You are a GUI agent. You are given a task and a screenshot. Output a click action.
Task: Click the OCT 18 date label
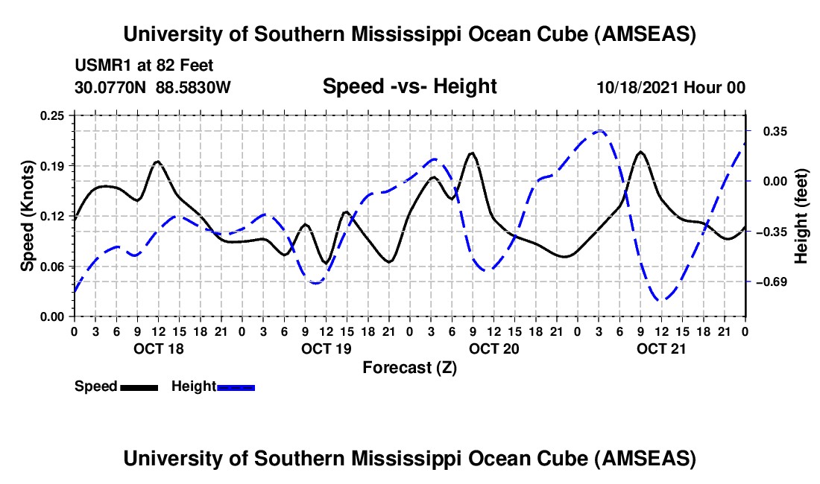point(157,348)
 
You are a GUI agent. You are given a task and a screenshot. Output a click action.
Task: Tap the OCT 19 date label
point(326,348)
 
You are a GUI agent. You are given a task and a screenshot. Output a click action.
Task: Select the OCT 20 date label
point(493,348)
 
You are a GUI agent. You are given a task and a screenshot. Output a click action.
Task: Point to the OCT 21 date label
point(661,348)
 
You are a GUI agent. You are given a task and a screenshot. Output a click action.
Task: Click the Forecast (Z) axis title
point(409,367)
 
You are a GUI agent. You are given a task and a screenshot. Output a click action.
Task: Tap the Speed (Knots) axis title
point(27,216)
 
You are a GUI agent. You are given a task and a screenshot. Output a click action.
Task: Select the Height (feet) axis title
point(801,216)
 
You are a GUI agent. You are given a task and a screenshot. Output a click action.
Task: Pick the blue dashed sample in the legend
point(236,387)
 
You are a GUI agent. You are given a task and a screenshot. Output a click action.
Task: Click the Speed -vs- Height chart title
point(409,87)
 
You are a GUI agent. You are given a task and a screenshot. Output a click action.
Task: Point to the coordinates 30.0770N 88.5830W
point(153,88)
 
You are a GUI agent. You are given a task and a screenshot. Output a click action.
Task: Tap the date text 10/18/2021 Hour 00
point(671,88)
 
